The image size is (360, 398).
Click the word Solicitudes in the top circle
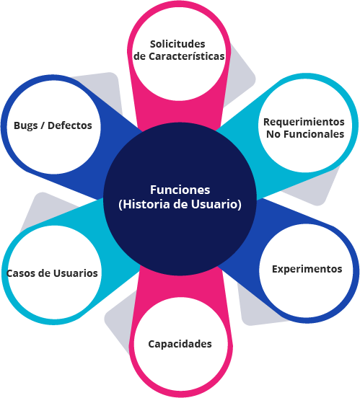point(177,44)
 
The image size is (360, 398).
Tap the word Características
point(186,56)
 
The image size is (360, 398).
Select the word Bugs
point(25,125)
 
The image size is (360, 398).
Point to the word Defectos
point(70,125)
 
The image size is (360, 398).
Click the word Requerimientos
point(304,122)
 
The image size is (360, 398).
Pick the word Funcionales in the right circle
point(314,134)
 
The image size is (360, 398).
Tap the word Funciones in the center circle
point(180,190)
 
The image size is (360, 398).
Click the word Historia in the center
point(144,204)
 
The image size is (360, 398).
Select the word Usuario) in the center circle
point(216,204)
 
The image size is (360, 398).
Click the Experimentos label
point(307,269)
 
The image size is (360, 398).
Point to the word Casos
point(21,273)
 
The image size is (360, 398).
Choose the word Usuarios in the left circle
point(76,273)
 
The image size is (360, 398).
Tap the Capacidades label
point(180,344)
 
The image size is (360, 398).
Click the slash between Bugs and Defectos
point(43,125)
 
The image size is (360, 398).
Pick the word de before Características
point(140,56)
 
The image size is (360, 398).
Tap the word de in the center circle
point(180,204)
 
